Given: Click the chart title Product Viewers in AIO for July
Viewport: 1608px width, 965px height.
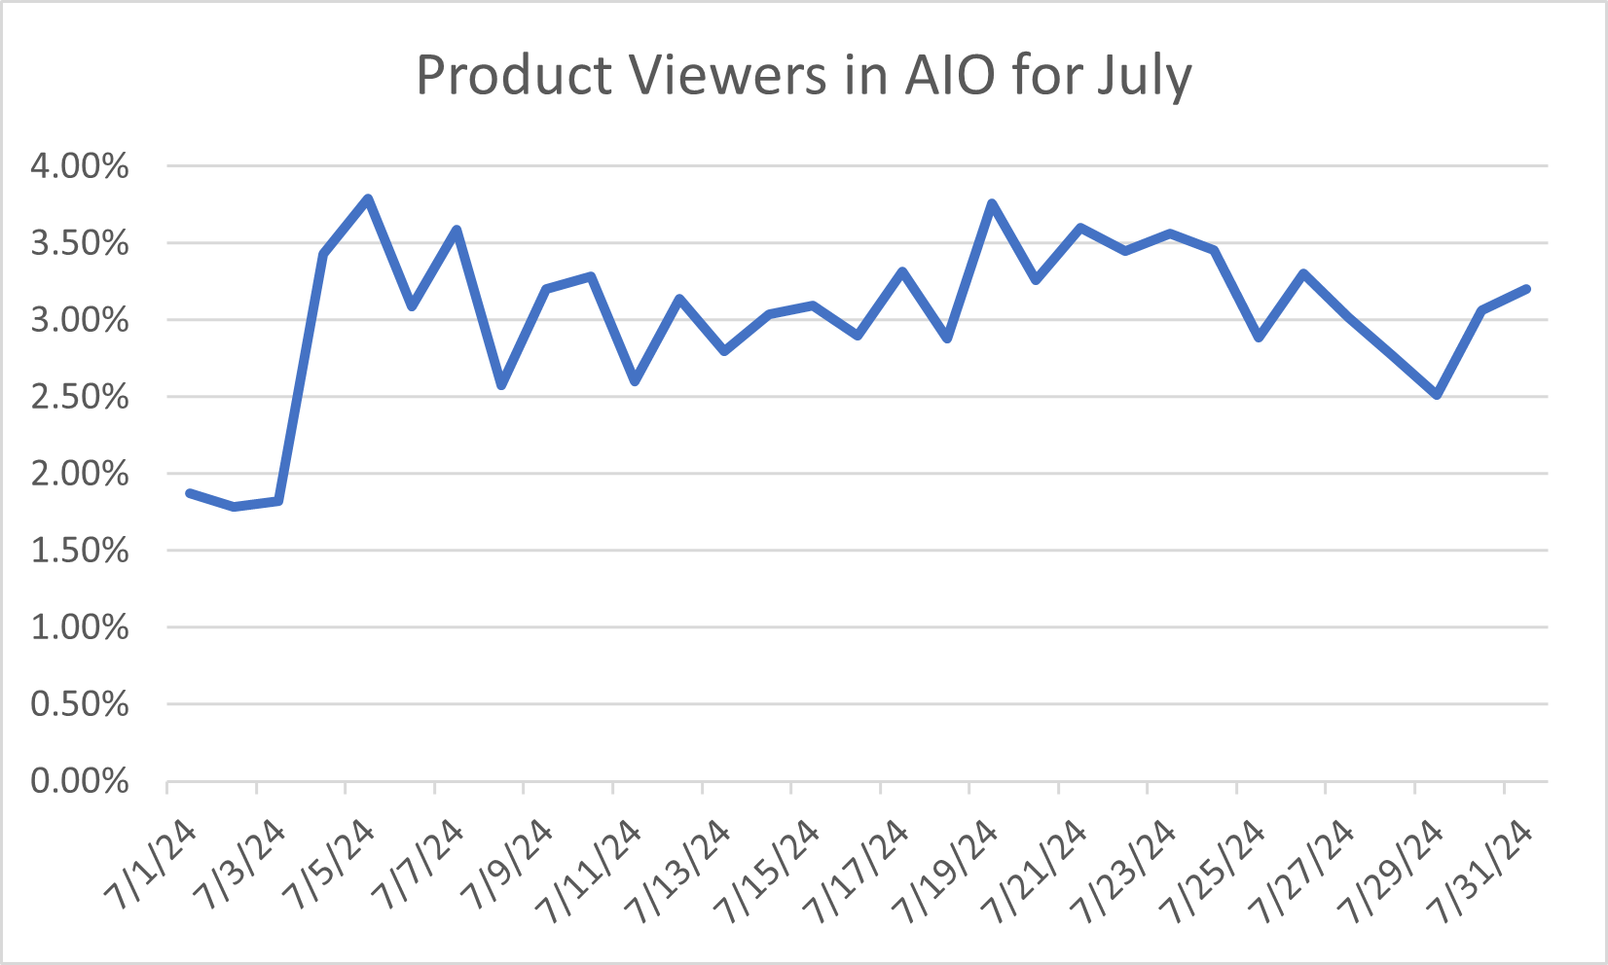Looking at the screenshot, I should point(803,75).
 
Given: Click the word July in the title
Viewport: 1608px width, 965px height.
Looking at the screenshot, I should point(1144,75).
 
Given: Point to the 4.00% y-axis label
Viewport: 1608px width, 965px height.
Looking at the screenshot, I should point(80,166).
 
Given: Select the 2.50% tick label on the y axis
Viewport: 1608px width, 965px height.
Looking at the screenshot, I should point(80,397).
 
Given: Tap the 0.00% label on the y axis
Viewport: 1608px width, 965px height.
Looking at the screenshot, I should point(80,781).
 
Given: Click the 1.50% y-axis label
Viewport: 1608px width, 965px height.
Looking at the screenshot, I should point(80,551).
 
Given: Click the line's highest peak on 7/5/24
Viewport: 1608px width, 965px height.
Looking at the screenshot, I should point(368,199).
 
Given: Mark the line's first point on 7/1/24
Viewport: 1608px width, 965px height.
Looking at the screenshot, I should point(190,493).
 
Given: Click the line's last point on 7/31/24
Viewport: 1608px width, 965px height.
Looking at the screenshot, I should point(1526,289).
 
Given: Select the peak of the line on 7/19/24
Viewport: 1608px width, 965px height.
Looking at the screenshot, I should point(992,203).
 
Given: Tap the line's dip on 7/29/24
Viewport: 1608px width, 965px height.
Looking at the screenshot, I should point(1437,395).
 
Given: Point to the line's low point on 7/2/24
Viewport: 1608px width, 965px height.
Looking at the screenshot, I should point(235,507).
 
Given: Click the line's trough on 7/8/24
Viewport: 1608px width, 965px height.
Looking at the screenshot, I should point(501,385).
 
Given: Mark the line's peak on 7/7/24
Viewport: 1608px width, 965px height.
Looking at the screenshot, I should point(457,230).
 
